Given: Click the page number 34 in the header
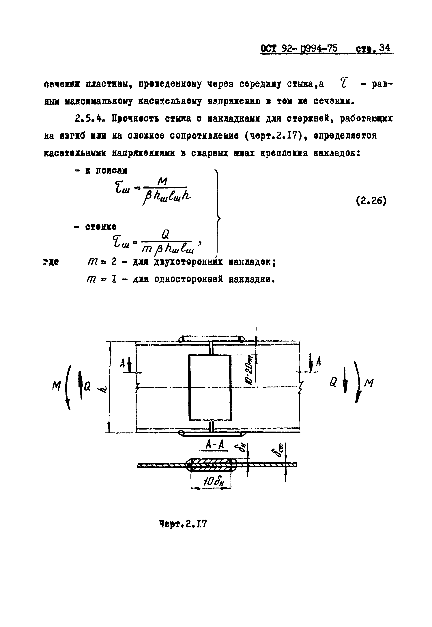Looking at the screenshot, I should click(384, 48).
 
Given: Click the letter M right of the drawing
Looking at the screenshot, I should click(369, 382).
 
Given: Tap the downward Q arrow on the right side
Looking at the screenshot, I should click(345, 383).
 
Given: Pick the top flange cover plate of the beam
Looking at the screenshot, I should click(212, 338).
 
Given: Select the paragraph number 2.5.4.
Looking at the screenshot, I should click(89, 118).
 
